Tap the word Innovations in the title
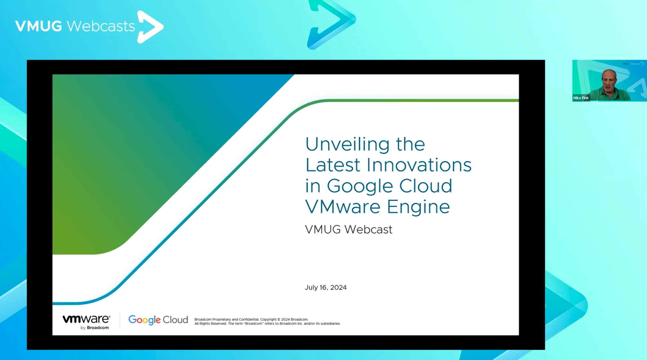pos(419,165)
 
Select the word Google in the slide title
pos(360,187)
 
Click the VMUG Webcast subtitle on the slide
pos(348,230)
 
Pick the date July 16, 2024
pos(325,287)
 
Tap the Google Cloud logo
pos(158,320)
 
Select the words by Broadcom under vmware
pos(95,328)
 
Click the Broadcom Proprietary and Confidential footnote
pos(267,321)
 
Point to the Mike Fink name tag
pos(581,98)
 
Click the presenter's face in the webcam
pos(609,81)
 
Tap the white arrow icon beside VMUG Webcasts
pos(150,27)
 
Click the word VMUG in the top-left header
pos(38,26)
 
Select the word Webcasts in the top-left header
pos(100,26)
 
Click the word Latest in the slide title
pos(333,165)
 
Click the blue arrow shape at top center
pos(331,24)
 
